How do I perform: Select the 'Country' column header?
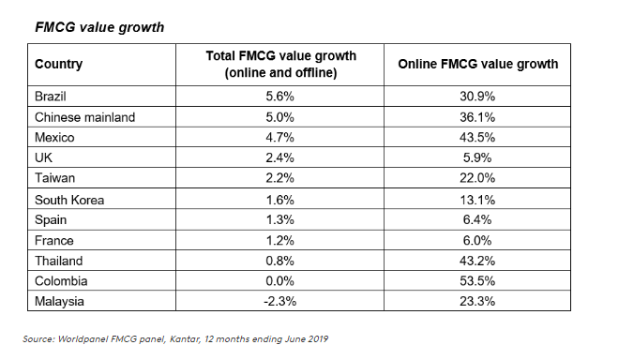coord(58,65)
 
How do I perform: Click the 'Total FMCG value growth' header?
coord(271,65)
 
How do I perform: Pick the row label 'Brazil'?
coord(53,97)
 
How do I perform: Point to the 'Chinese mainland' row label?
coord(84,117)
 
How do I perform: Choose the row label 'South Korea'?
coord(69,199)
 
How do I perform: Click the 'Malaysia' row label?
coord(61,301)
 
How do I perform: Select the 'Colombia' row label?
coord(62,280)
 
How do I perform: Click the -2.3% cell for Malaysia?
coord(271,301)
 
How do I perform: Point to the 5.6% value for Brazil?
coord(271,97)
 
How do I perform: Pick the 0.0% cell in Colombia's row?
coord(271,280)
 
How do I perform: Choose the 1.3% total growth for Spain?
coord(271,219)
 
